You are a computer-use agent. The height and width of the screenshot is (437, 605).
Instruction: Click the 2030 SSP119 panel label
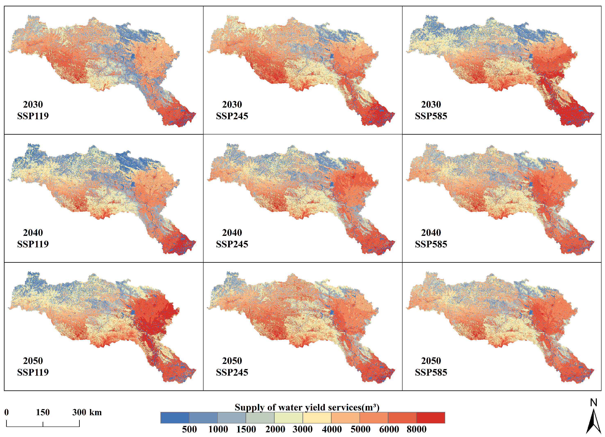pos(33,110)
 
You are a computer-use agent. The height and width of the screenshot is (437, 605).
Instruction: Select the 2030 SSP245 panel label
pos(232,110)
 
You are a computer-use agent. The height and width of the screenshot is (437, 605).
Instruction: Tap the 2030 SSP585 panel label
pos(431,110)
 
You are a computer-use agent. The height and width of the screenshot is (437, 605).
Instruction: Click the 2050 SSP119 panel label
pos(33,366)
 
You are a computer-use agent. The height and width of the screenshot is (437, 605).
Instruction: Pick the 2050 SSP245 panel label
pos(232,366)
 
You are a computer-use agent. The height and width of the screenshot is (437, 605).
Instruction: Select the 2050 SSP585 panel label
pos(431,366)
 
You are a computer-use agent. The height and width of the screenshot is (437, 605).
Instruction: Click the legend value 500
pos(189,429)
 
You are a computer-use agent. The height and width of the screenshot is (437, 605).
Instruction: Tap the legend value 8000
pos(416,429)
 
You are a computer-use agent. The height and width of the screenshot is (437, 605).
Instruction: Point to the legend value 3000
pos(302,429)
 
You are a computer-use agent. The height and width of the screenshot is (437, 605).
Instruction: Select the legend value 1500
pos(246,429)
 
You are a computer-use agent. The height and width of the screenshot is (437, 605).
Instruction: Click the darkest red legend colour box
pos(431,418)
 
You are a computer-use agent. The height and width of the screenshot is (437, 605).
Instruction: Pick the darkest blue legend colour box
pos(175,418)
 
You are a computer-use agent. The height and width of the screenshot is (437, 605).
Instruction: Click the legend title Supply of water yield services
pos(307,407)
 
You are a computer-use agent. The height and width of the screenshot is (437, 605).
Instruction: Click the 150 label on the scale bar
pos(43,412)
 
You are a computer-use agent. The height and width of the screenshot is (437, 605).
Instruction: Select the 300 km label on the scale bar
pos(87,412)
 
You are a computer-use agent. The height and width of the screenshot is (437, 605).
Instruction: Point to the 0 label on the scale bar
pos(6,412)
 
